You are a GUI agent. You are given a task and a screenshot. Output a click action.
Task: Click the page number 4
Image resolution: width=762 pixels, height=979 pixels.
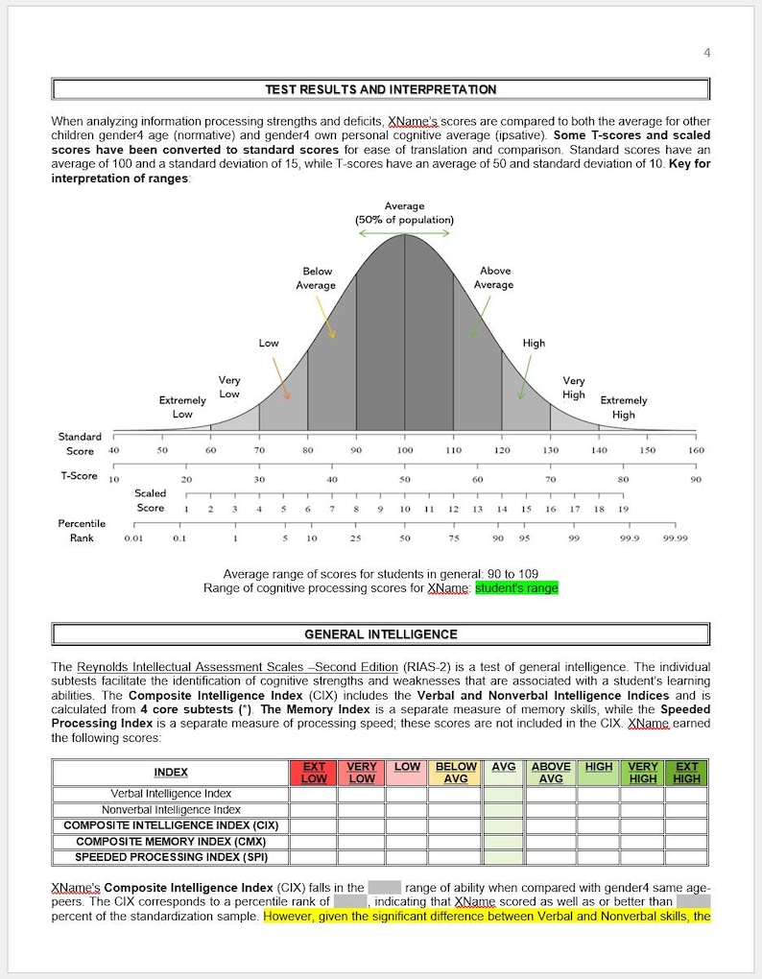707,53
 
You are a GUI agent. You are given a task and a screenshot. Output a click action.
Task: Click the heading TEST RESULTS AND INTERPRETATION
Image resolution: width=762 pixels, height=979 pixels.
381,89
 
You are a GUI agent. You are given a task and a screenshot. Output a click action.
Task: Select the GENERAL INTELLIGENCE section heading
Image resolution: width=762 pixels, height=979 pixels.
381,634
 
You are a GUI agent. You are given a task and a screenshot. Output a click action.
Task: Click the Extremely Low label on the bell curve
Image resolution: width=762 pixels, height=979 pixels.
182,407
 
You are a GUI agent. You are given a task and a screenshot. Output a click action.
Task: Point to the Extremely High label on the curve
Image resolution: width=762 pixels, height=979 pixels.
623,407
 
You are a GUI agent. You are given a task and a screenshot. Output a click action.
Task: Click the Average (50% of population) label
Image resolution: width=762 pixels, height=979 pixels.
404,213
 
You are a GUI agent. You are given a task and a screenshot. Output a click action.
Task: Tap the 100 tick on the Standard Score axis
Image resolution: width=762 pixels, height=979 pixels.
404,450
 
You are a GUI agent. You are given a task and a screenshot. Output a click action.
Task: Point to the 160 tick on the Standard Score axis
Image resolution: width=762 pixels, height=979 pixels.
696,450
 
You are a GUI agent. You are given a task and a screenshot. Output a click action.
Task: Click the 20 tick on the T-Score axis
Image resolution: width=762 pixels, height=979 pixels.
186,479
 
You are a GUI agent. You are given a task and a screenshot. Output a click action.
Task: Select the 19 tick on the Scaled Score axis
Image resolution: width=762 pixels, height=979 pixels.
623,509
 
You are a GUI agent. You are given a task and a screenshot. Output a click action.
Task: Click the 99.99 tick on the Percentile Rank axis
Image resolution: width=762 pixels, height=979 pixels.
675,538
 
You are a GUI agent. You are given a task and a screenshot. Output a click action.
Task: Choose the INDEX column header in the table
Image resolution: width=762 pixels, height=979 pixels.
171,773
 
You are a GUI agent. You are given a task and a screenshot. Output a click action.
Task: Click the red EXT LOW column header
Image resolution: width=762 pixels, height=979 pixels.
314,773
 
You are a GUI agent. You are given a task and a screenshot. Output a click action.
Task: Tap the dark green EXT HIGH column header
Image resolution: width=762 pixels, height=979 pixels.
686,773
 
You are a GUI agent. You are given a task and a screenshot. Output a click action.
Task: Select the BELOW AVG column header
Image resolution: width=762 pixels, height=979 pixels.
456,773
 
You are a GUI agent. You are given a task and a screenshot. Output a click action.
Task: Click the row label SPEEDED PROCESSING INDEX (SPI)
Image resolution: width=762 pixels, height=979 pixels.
171,857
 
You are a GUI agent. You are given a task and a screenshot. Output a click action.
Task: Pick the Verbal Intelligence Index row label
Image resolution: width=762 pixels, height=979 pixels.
171,794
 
